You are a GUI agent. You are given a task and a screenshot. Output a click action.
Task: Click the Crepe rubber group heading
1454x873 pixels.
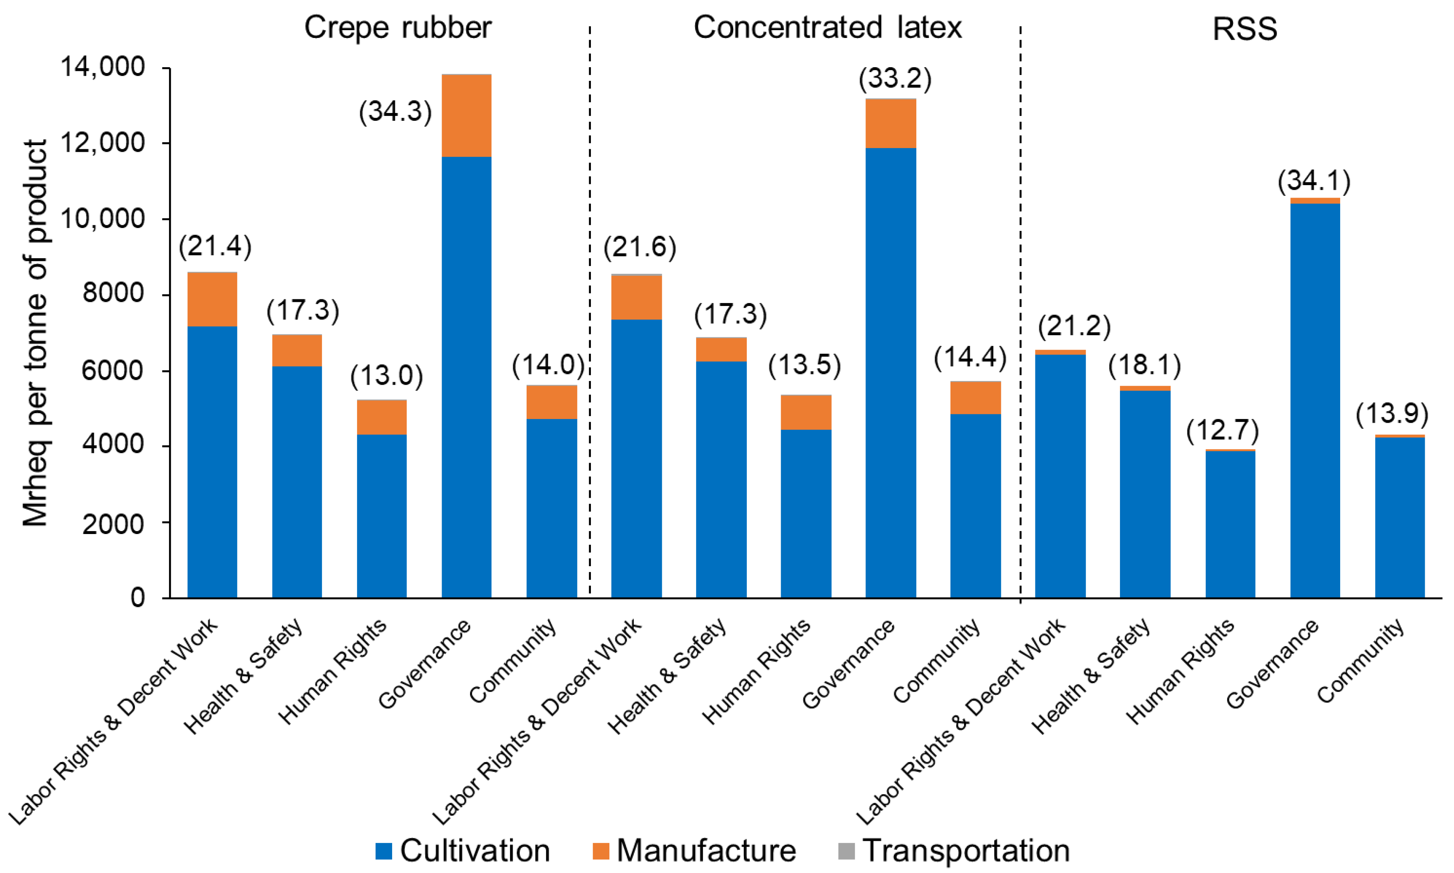[398, 28]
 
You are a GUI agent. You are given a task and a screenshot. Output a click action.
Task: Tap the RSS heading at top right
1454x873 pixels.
[1245, 29]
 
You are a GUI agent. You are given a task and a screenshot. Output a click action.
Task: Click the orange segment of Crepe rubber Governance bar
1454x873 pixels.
[466, 115]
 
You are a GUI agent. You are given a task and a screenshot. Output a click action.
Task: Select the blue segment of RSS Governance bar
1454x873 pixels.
[1315, 400]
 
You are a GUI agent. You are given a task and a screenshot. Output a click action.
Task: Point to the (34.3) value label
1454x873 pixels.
[395, 111]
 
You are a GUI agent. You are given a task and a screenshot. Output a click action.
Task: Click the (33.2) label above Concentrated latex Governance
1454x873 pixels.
[895, 78]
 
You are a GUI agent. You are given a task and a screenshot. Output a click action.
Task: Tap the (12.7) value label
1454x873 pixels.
[1222, 430]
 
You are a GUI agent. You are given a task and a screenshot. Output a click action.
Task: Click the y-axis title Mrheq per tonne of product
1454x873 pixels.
[35, 332]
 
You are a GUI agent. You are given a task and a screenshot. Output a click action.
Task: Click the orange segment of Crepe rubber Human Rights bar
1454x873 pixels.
[382, 417]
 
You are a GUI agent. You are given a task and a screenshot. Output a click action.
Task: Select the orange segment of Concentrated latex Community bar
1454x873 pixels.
[975, 398]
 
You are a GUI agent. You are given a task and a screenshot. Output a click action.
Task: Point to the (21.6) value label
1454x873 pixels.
[639, 247]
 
